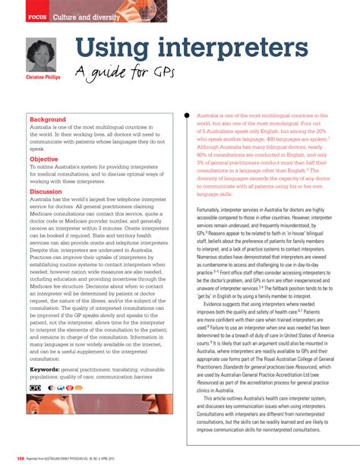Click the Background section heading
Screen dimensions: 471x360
[48, 120]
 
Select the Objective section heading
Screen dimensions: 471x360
[44, 160]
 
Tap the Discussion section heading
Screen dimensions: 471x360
[46, 192]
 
